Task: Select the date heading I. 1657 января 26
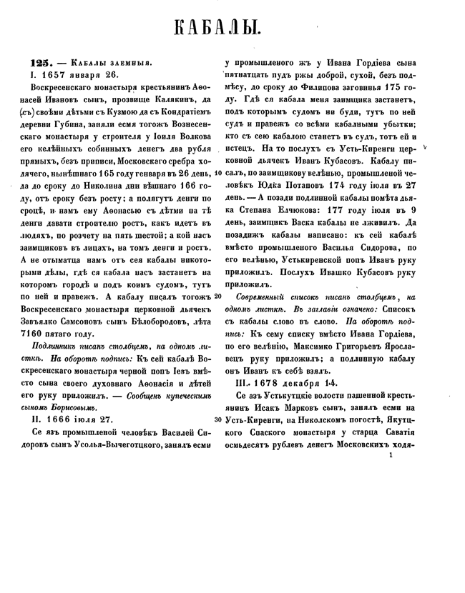point(71,74)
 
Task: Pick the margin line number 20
point(218,295)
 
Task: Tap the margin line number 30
point(218,419)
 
